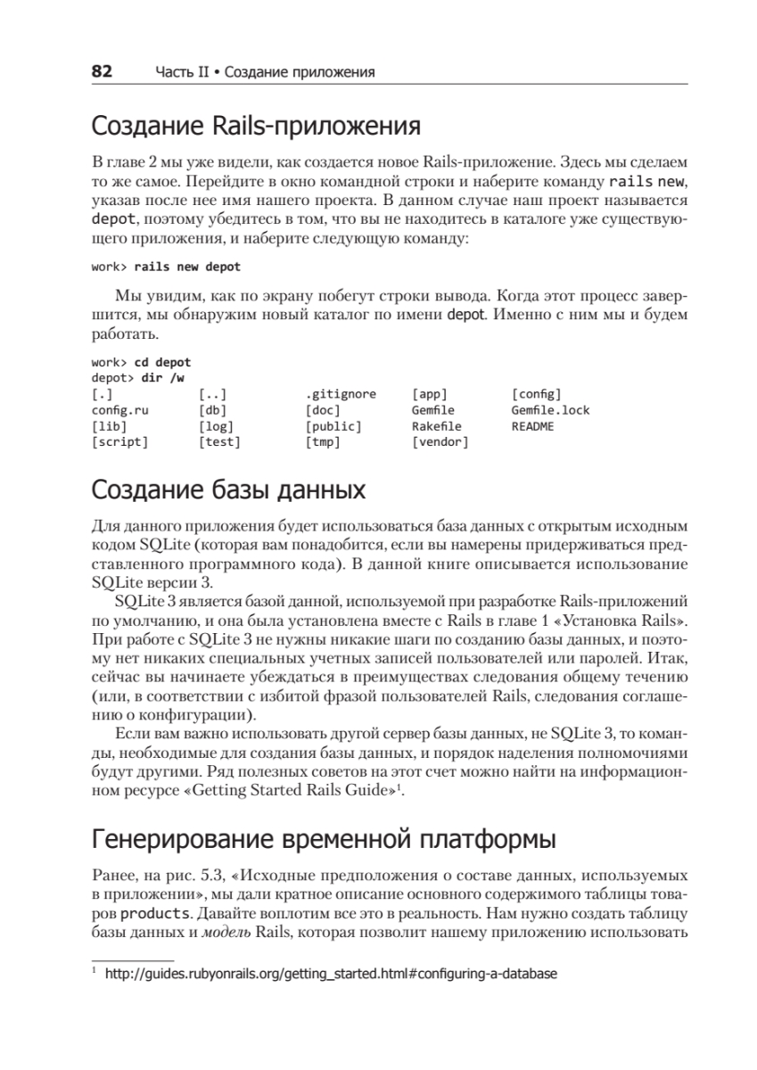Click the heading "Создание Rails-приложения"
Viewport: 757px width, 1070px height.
(x=256, y=128)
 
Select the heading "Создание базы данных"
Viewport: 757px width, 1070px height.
(x=228, y=490)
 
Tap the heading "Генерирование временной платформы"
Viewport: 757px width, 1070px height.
(x=325, y=840)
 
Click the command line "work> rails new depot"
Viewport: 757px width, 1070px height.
(x=166, y=267)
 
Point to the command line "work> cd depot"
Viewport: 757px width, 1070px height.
(x=141, y=362)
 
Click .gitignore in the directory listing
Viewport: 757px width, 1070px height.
(x=341, y=394)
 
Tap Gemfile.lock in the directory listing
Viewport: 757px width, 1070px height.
(x=550, y=410)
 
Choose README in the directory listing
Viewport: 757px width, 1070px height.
(x=532, y=426)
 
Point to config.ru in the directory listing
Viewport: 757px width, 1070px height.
(x=120, y=410)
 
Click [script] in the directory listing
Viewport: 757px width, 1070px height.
(x=120, y=442)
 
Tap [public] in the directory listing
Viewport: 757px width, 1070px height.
(x=333, y=426)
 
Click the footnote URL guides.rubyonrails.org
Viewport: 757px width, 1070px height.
(x=331, y=975)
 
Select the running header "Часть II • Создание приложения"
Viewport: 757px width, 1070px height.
(x=264, y=73)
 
